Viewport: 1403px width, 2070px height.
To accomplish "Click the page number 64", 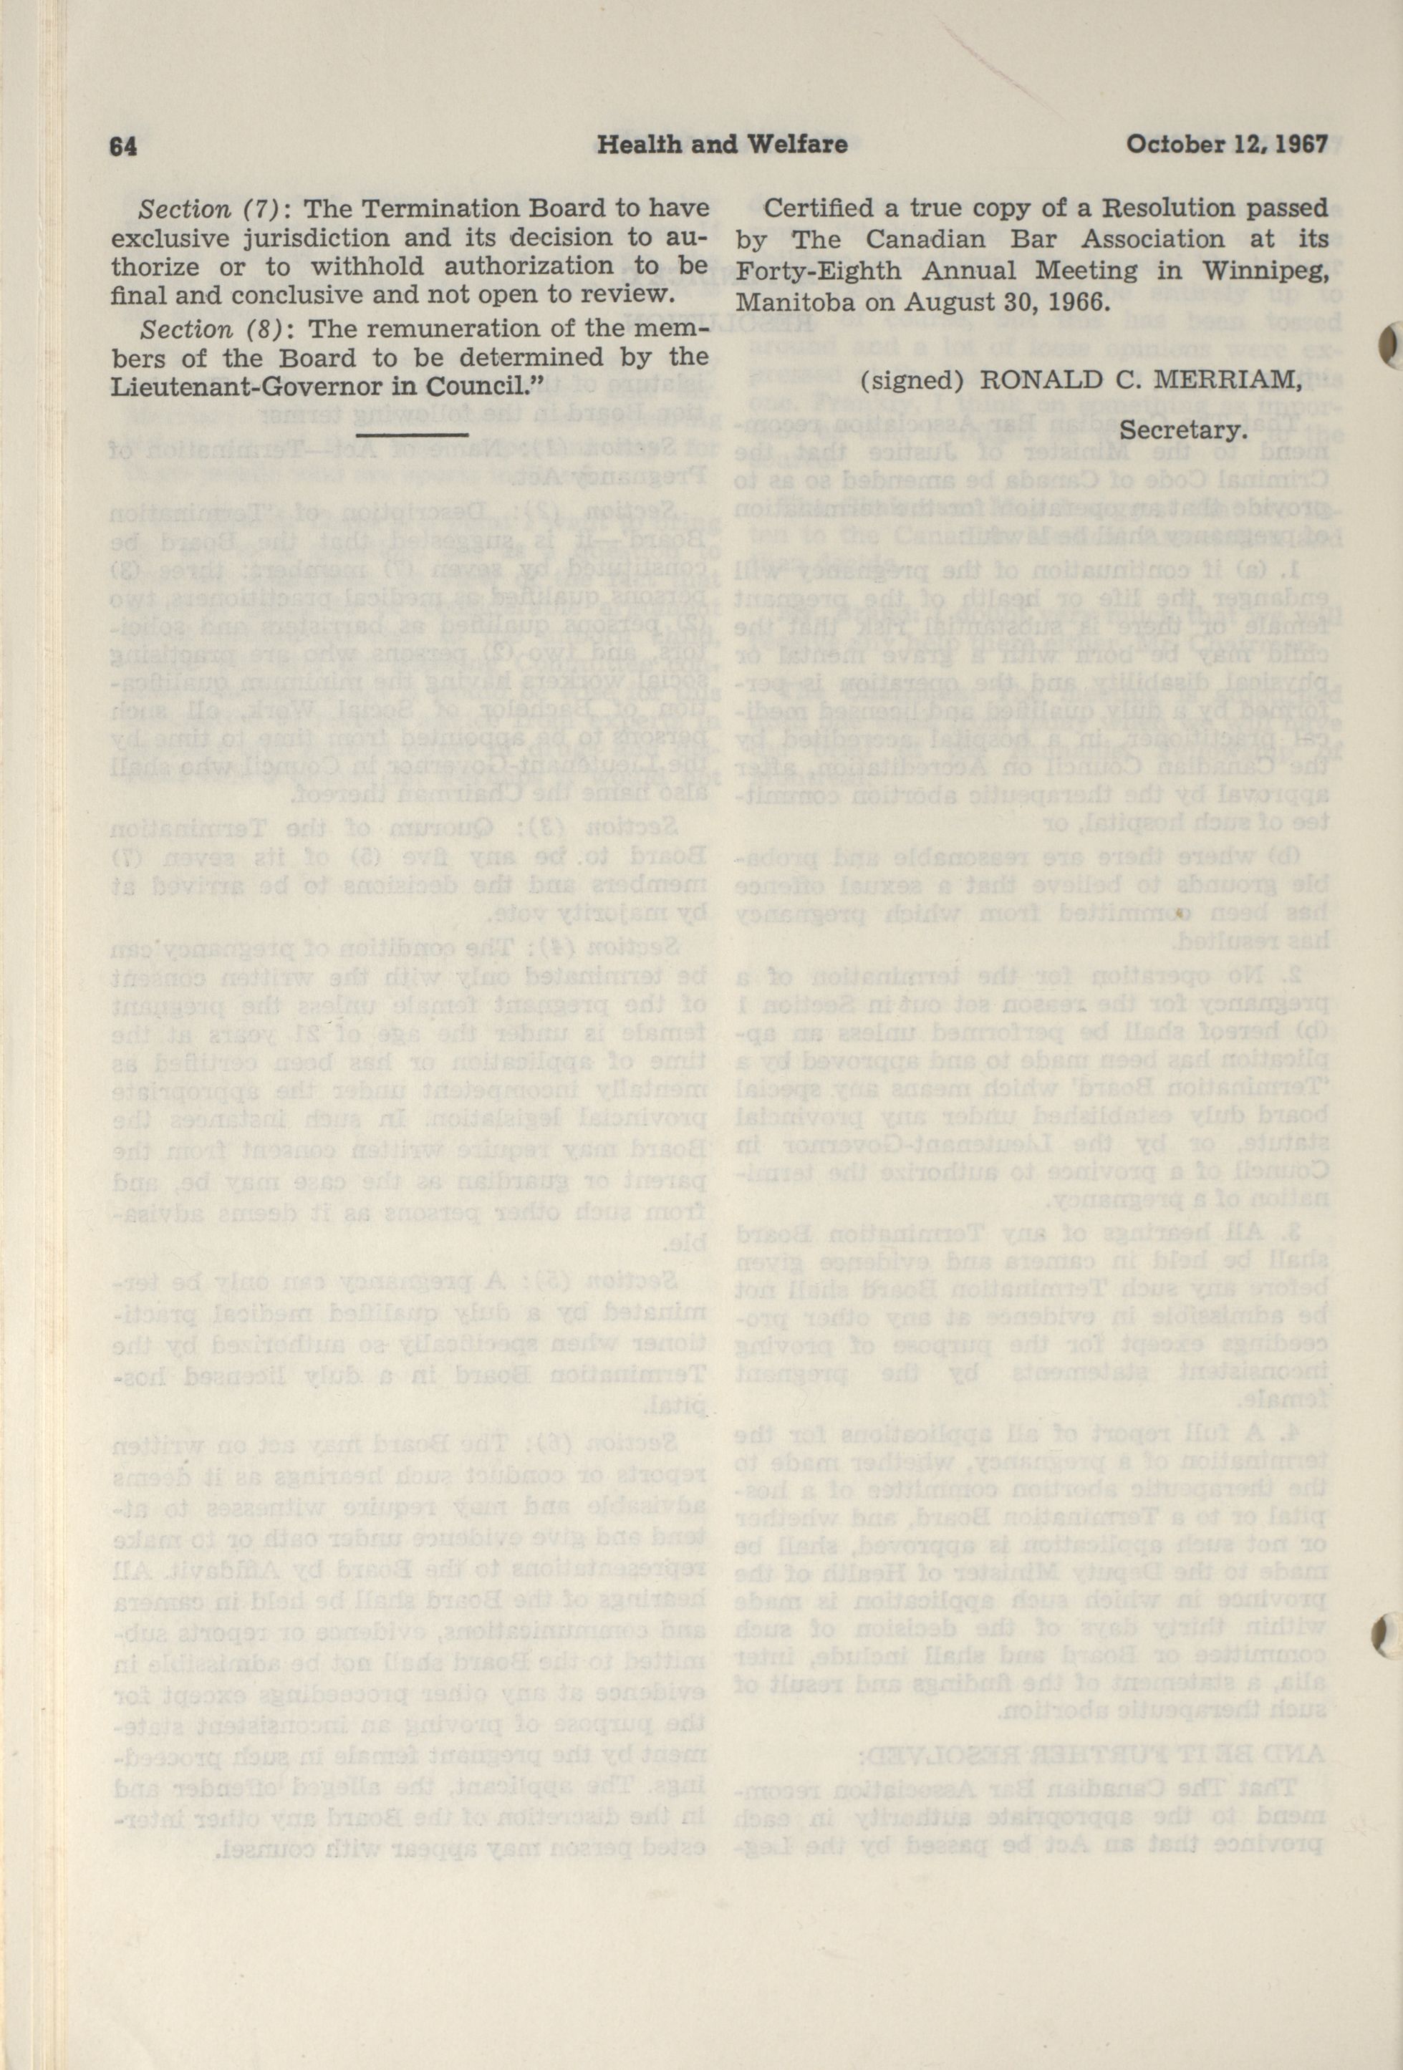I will coord(121,145).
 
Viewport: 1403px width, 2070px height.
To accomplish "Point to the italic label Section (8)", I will coord(211,329).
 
